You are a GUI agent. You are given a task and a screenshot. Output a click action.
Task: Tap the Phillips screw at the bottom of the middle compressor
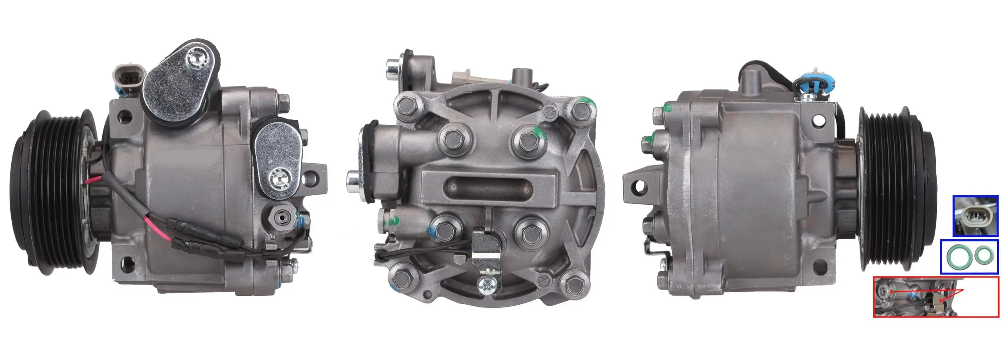(489, 285)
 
